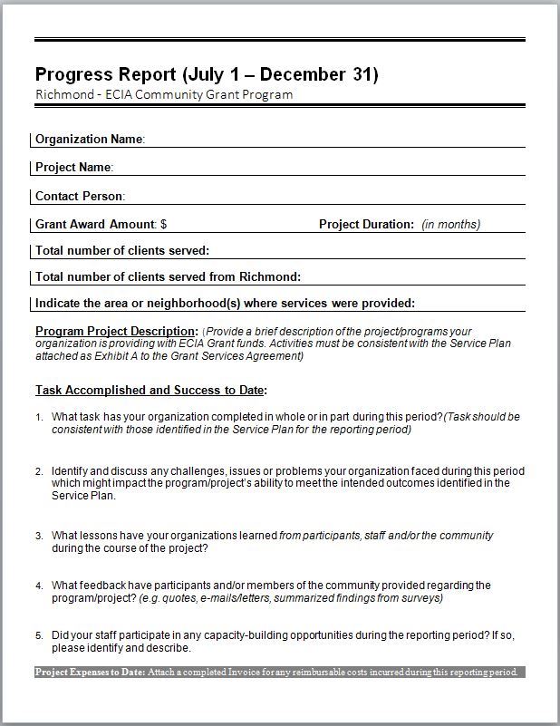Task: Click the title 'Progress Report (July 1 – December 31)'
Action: [x=207, y=73]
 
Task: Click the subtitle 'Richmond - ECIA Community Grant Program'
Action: [x=164, y=94]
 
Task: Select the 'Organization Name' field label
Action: [x=90, y=140]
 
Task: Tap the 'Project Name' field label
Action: [x=73, y=168]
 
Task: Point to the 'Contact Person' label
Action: [x=80, y=196]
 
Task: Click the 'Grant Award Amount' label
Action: [x=95, y=224]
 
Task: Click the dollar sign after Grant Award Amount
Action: [x=163, y=224]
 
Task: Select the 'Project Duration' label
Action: [x=366, y=224]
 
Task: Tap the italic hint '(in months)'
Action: [x=451, y=224]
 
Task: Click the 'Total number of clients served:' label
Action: [x=122, y=250]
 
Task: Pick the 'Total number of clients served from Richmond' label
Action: [x=168, y=277]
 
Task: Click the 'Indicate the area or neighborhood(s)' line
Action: [x=225, y=304]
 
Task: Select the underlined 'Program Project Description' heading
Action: [x=116, y=331]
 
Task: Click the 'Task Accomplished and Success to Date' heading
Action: [x=151, y=391]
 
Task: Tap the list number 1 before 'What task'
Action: [x=39, y=417]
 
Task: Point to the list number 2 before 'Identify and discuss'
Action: [x=39, y=471]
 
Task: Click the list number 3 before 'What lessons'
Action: [x=39, y=537]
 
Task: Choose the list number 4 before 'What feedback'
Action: [x=39, y=586]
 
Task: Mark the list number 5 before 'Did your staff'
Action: [x=39, y=635]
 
